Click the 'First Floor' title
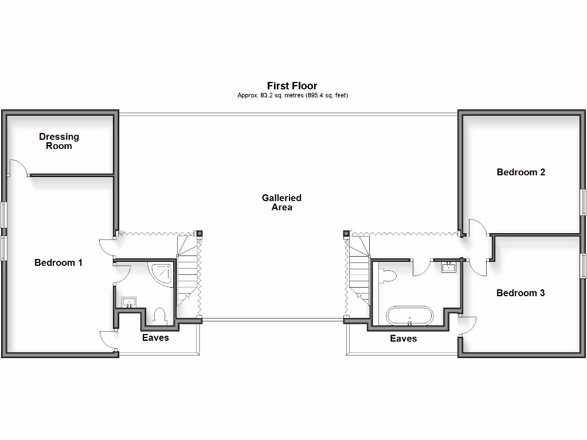tap(292, 86)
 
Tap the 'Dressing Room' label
tap(59, 141)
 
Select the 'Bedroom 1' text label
tap(58, 262)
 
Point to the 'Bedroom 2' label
tap(521, 172)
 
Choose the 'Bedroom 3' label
tap(521, 293)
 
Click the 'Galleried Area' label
tap(281, 202)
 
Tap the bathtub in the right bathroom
tap(410, 316)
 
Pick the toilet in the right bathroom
tap(388, 276)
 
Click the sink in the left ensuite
tap(129, 302)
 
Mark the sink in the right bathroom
tap(448, 266)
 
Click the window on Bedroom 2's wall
tap(584, 202)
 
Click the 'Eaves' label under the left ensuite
tap(155, 337)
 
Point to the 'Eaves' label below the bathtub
tap(404, 339)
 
